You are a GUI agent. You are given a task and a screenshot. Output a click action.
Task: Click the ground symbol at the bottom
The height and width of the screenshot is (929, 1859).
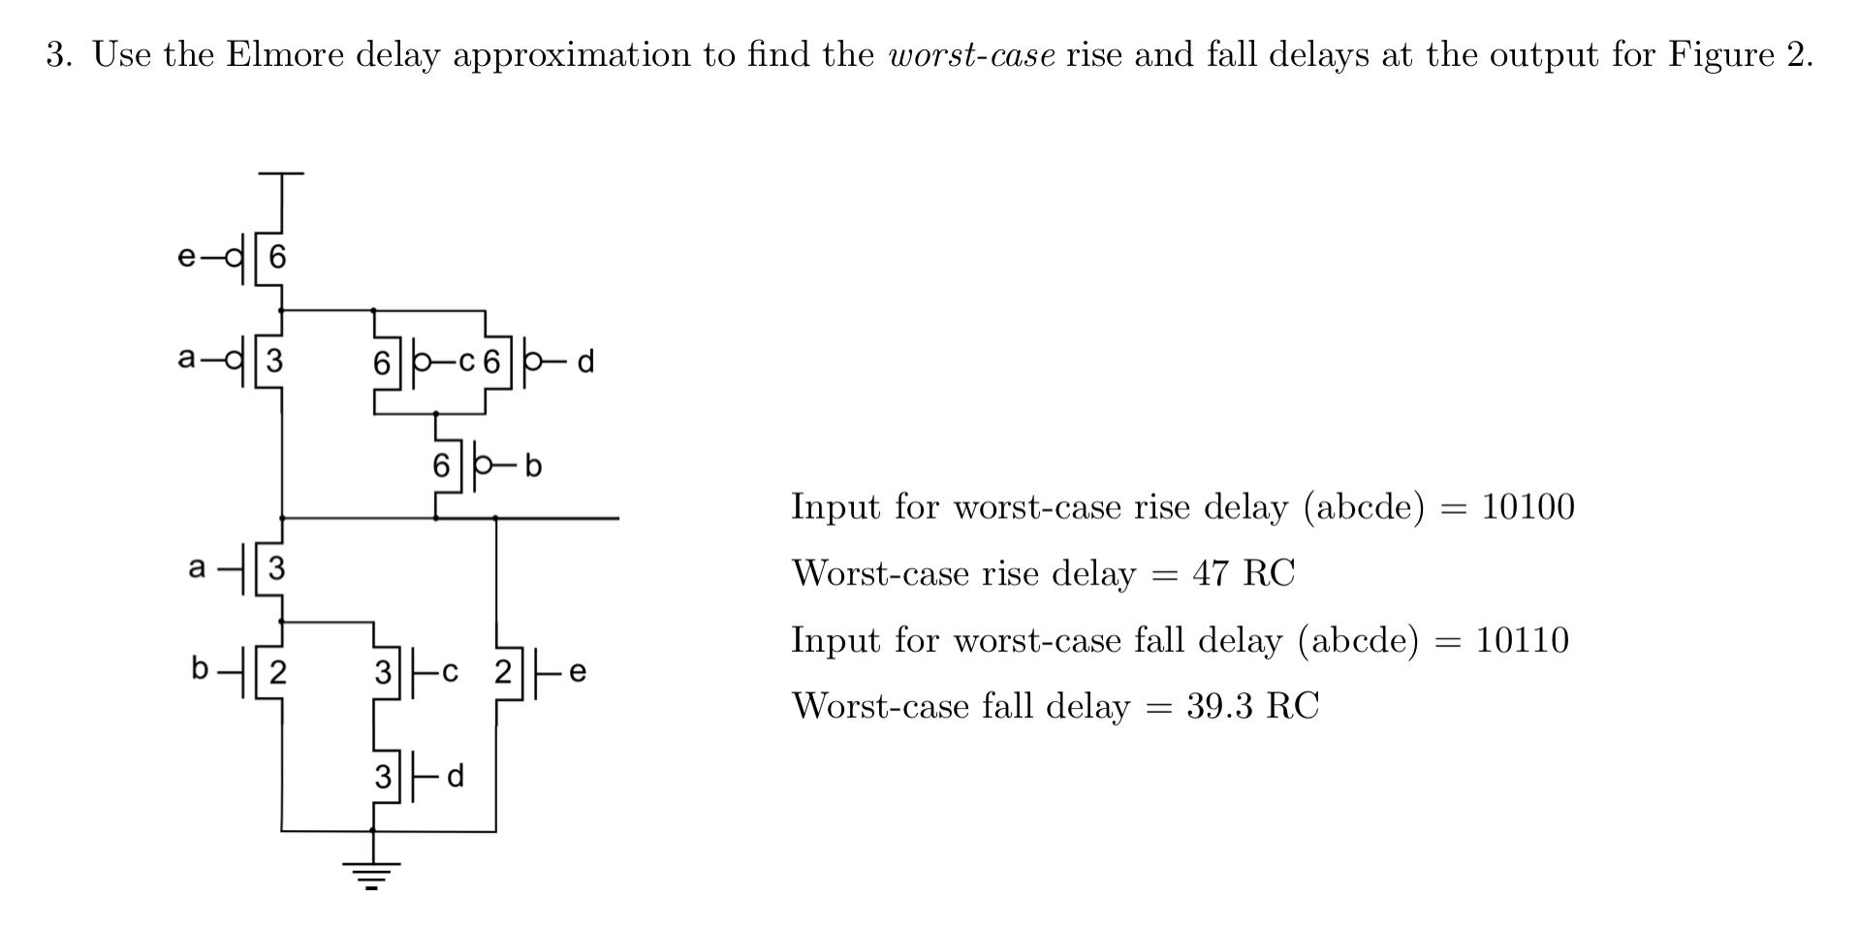372,874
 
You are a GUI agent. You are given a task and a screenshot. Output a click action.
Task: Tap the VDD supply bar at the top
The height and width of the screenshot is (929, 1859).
281,175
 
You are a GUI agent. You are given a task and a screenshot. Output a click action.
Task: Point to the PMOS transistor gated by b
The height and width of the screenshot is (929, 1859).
457,466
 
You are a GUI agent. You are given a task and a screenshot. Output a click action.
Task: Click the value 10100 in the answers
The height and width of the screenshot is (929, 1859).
1528,507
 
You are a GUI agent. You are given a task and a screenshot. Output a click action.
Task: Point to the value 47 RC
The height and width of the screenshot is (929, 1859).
1243,573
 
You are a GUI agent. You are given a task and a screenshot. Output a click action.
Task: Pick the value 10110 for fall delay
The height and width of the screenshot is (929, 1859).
1522,640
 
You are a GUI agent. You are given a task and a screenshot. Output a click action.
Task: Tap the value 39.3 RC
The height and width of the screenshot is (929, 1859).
1252,706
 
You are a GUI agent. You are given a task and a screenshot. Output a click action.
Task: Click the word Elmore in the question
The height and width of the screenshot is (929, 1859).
285,54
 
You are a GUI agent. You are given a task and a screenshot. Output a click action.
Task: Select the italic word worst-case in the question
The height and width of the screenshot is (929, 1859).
971,54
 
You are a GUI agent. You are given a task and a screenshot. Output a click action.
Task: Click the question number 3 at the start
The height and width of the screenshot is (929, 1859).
58,54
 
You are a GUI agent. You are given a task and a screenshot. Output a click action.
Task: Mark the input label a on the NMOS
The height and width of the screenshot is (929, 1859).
197,567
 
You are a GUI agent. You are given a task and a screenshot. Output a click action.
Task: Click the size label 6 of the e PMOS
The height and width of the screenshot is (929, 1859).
278,257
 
